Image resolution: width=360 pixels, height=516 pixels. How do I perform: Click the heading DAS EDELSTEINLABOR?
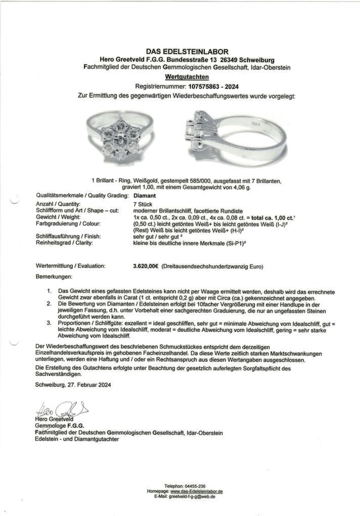click(180, 51)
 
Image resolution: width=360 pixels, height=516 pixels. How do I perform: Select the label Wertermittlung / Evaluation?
click(70, 266)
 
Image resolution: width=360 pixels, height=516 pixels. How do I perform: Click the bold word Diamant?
click(144, 195)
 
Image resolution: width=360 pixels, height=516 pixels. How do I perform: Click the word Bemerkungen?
click(54, 277)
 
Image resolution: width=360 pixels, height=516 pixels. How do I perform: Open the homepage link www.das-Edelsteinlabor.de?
click(197, 491)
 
